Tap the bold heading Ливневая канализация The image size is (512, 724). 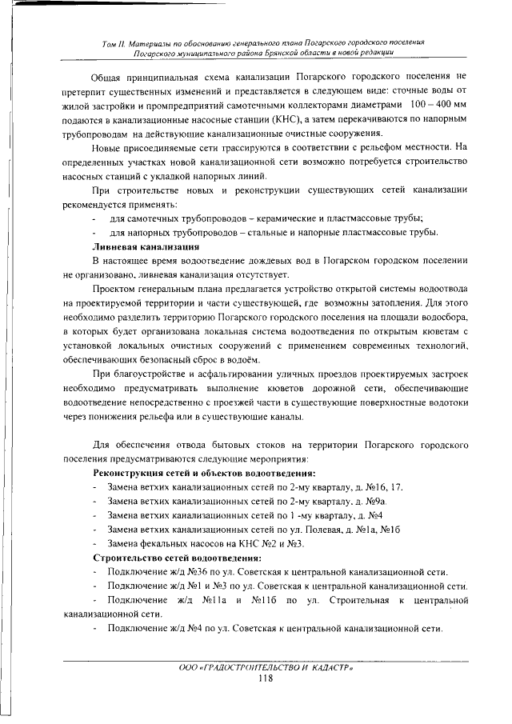142,246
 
